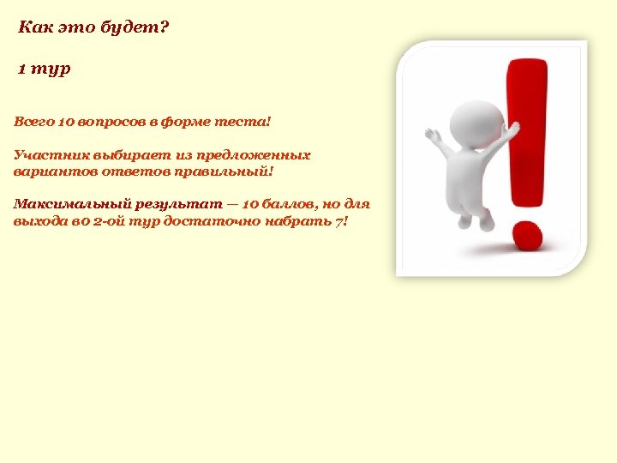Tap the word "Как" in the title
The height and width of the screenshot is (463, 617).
pos(33,27)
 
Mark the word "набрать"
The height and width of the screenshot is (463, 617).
pos(297,221)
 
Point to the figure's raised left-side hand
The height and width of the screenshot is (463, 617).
pos(432,135)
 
